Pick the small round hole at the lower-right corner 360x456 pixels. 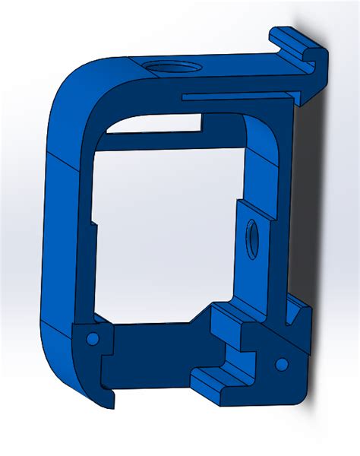pyautogui.click(x=281, y=365)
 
